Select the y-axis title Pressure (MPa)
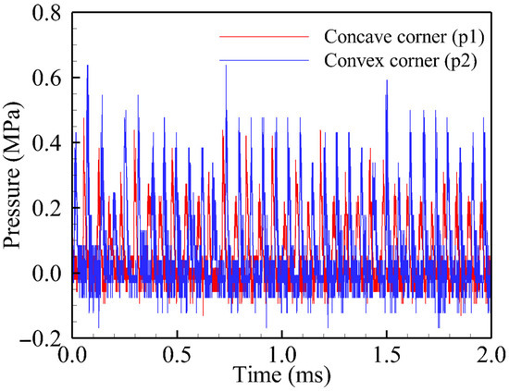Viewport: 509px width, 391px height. click(x=15, y=176)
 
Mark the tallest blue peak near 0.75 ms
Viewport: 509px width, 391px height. click(x=225, y=69)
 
